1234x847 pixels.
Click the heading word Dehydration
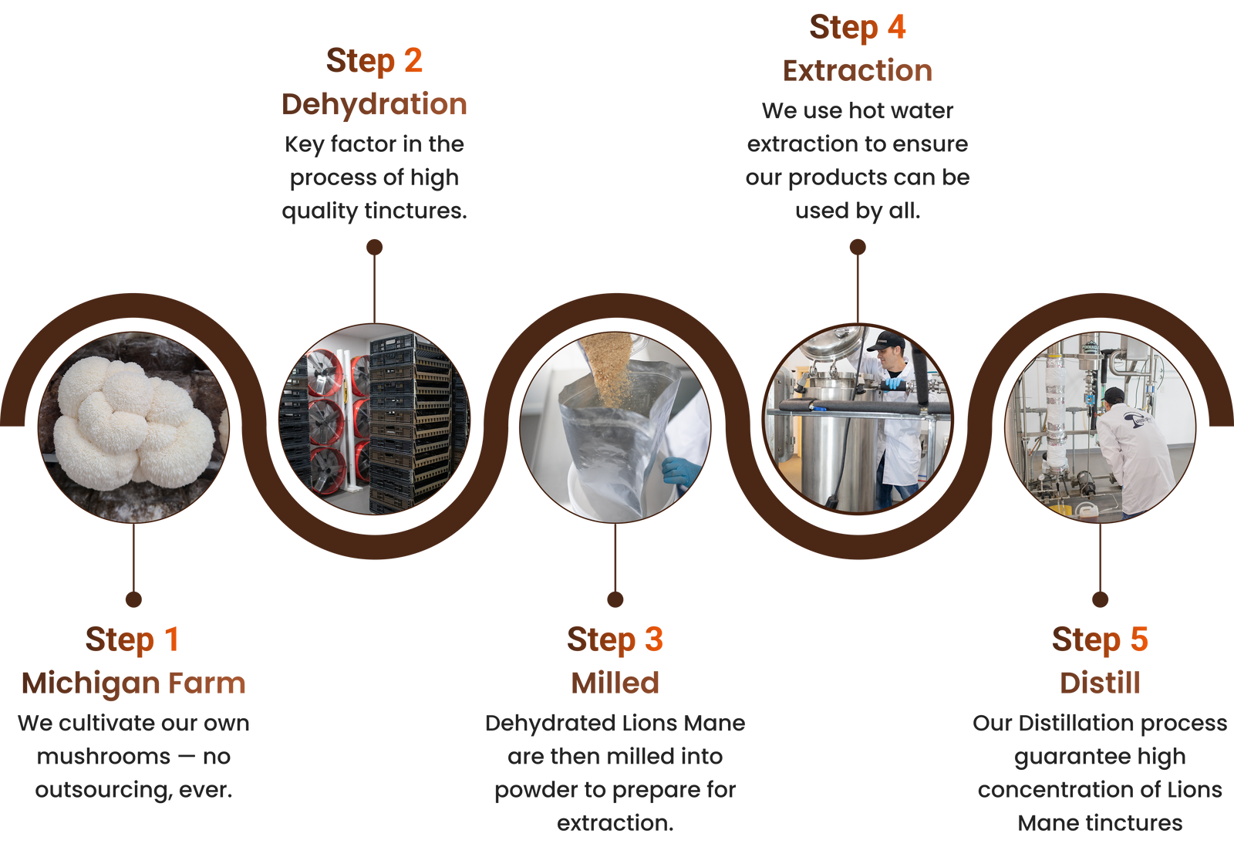(374, 104)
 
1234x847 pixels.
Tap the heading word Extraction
(857, 70)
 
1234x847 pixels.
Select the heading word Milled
(615, 683)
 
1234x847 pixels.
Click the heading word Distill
(1100, 683)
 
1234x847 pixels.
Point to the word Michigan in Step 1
(90, 684)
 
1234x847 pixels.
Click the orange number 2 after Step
(413, 60)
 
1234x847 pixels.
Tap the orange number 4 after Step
(896, 27)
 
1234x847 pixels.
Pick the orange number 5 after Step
(1139, 639)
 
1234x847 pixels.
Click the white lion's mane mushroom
(134, 422)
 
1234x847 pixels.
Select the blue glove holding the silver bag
(681, 470)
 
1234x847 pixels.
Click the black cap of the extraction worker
(886, 340)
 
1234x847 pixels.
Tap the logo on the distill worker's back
(1138, 418)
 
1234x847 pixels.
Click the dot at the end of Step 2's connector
(375, 247)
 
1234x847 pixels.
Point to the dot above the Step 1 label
(134, 599)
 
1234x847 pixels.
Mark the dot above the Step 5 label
(1100, 599)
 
